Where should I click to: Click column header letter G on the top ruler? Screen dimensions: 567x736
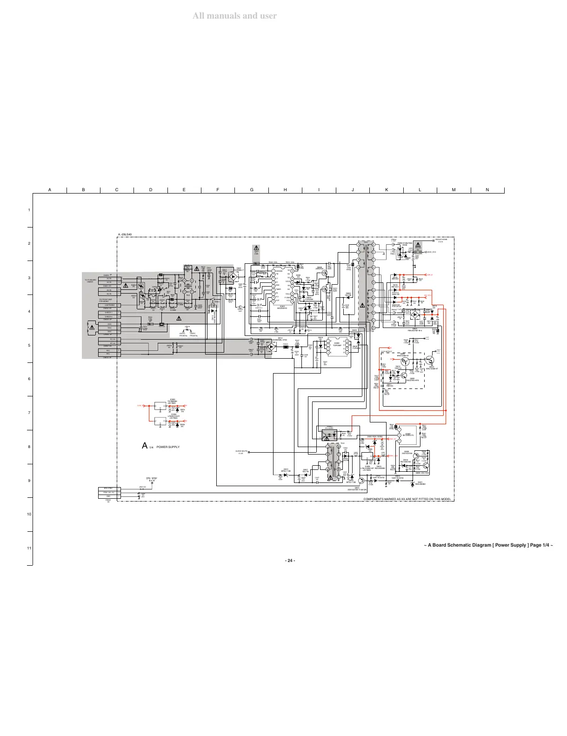[x=252, y=190]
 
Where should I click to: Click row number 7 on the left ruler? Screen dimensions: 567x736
[x=29, y=413]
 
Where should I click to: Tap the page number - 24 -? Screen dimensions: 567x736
[x=290, y=560]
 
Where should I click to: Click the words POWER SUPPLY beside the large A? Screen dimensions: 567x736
[x=168, y=447]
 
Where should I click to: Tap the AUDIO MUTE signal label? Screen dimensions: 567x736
[x=242, y=451]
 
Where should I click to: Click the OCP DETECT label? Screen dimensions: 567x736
[x=387, y=352]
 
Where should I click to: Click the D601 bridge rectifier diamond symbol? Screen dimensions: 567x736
[x=234, y=276]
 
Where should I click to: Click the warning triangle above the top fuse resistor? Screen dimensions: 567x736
[x=256, y=248]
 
